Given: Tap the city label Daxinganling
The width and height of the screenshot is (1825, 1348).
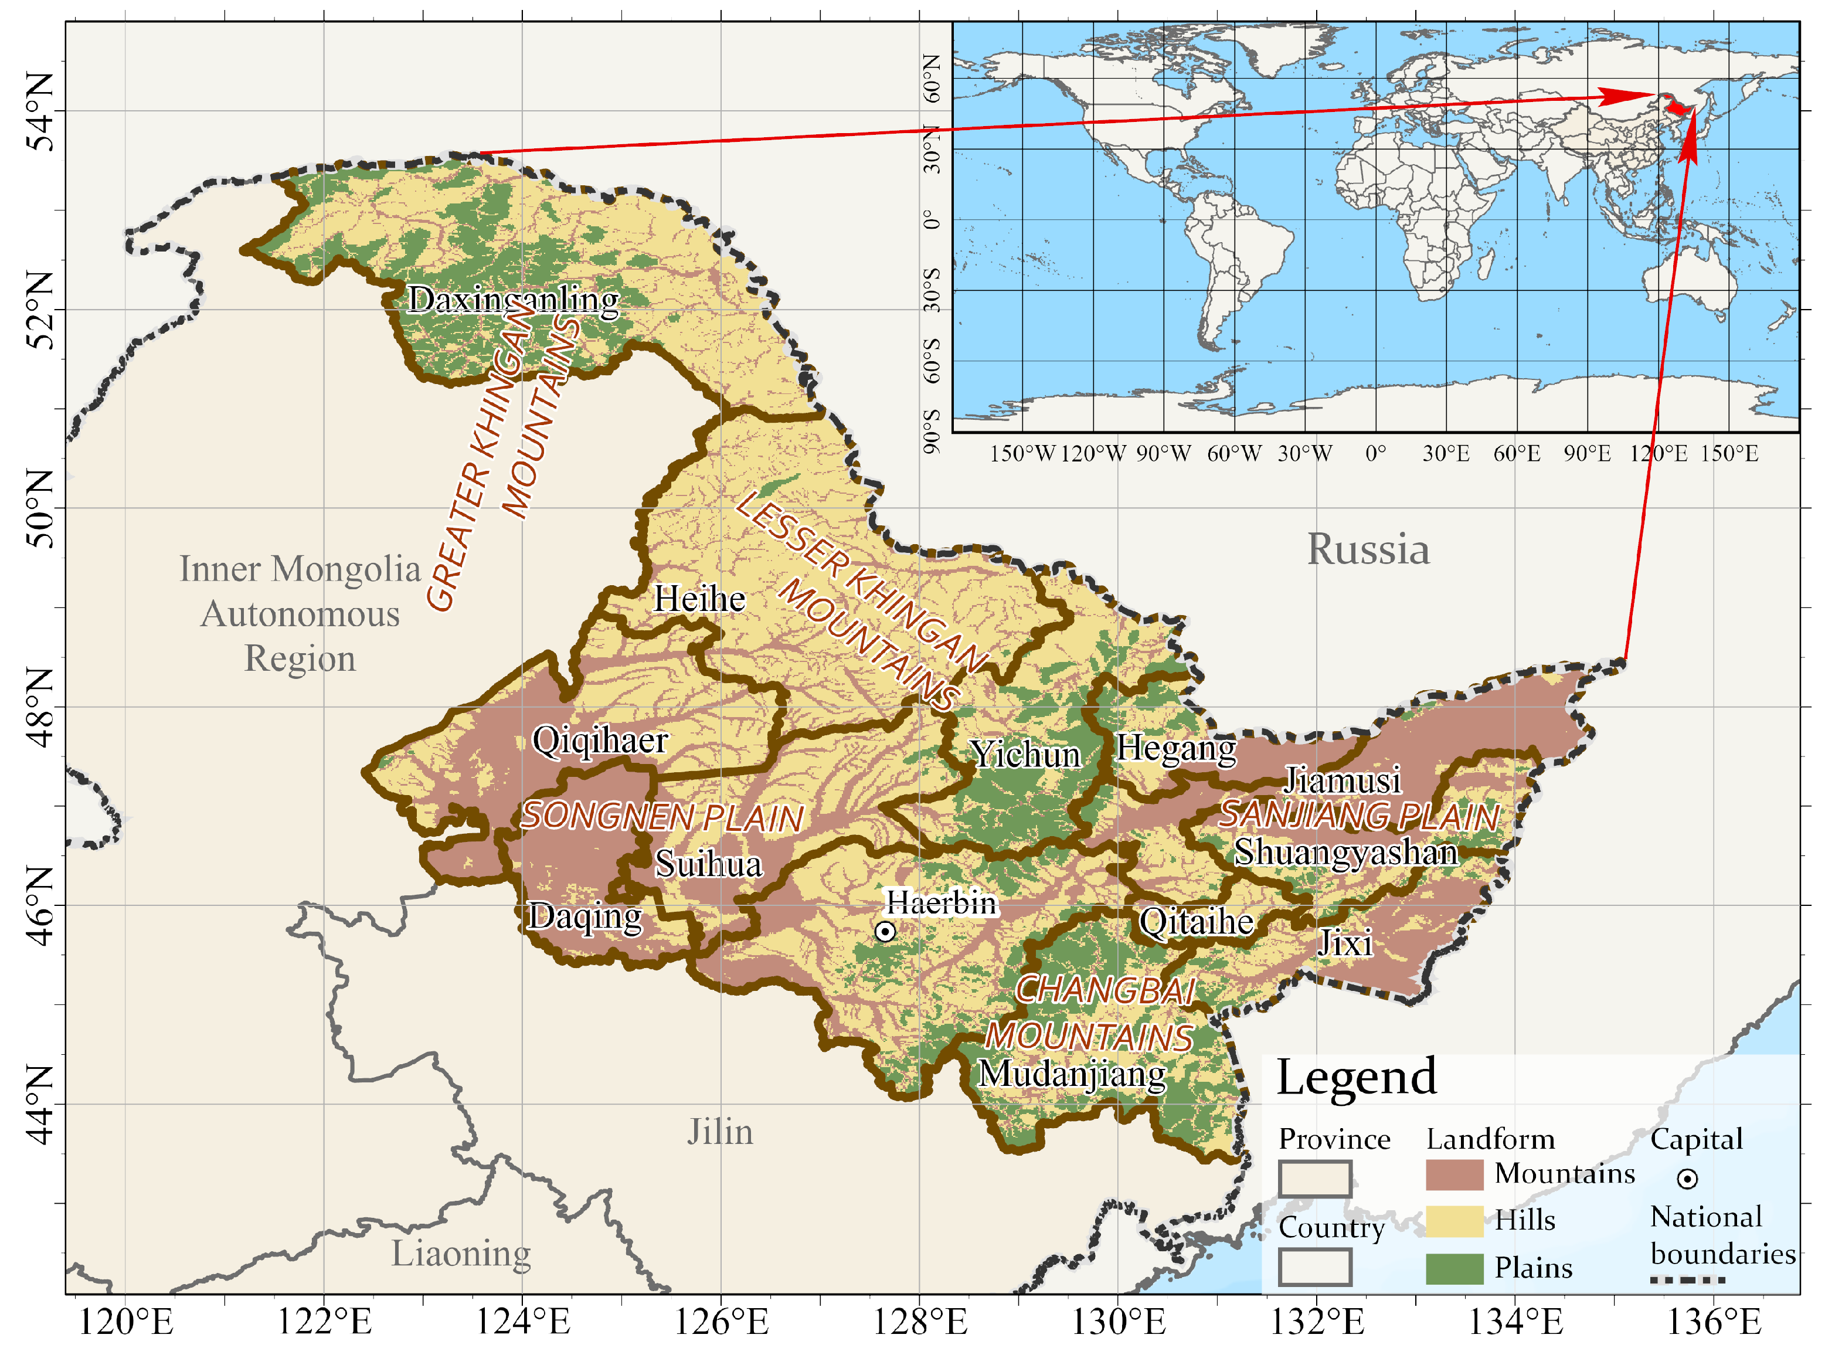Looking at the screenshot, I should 513,300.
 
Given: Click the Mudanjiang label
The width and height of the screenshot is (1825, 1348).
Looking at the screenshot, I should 1072,1074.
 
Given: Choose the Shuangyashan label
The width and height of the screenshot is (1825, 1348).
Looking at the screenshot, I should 1345,853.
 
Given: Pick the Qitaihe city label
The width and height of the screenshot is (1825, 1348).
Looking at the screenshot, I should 1196,922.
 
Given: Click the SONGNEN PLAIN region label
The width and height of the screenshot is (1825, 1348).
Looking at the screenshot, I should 662,817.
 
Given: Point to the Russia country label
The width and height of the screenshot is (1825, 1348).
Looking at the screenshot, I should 1368,549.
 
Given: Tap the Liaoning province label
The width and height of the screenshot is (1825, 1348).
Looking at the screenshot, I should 461,1254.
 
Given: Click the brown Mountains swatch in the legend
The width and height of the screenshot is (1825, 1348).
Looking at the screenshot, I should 1454,1175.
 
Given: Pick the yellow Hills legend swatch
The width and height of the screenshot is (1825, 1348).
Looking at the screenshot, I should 1454,1221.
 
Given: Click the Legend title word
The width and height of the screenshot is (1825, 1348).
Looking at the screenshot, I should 1356,1078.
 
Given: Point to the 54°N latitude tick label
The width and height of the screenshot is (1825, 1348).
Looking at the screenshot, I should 41,112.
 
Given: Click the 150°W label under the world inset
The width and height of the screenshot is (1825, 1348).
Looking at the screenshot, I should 1022,454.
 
